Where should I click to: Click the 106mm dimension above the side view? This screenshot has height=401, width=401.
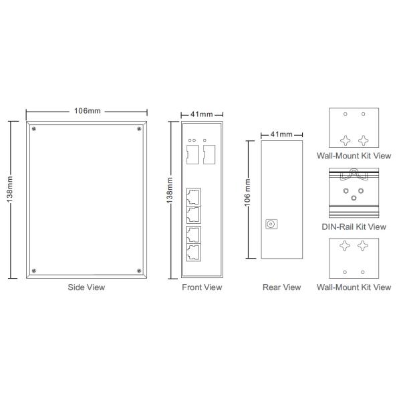tap(87, 111)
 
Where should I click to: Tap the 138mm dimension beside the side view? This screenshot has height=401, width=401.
tap(9, 189)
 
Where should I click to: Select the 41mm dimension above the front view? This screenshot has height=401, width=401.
tap(202, 114)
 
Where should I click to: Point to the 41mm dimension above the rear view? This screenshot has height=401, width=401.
tap(281, 134)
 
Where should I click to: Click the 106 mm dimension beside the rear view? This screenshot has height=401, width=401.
tap(247, 192)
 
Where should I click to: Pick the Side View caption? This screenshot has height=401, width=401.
tap(86, 287)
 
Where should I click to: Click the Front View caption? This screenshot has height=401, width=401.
tap(202, 287)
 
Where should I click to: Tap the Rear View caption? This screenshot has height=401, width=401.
tap(281, 287)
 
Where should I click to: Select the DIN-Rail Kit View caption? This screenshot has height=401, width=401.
tap(354, 227)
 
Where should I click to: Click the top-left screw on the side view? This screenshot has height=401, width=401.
tap(34, 128)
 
